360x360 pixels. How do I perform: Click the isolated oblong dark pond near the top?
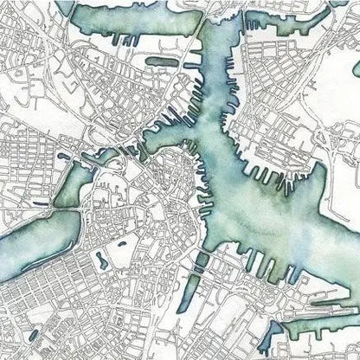[161, 61]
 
